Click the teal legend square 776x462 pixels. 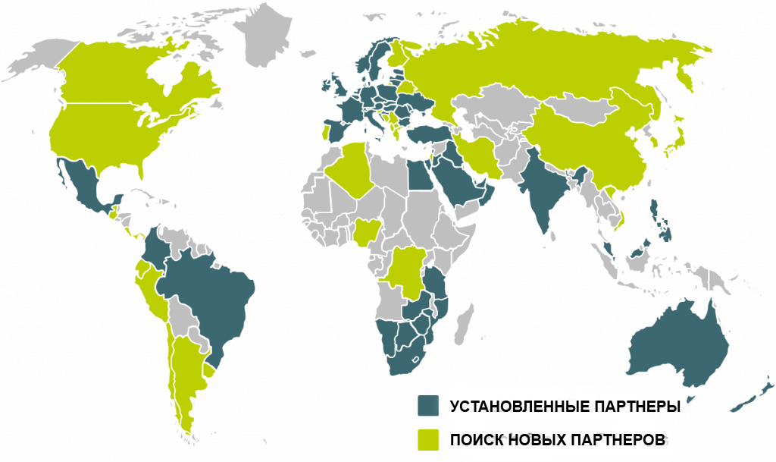[x=428, y=405]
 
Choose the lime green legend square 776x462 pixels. [x=428, y=440]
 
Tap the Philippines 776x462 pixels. [x=659, y=220]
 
